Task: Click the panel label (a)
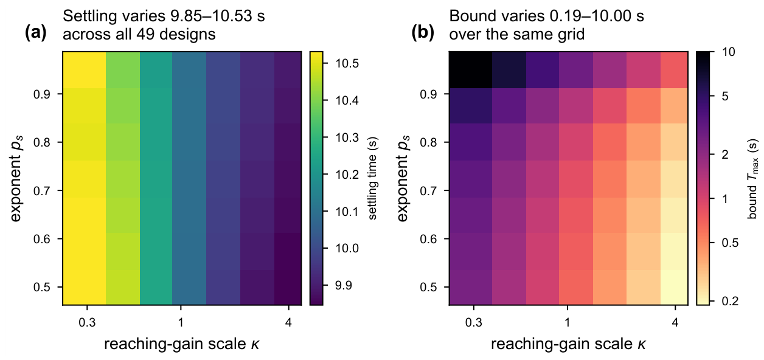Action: point(35,33)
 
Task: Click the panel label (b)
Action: point(422,33)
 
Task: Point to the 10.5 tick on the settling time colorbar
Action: point(347,63)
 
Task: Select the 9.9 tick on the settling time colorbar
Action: point(343,285)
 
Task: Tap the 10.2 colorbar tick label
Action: point(347,174)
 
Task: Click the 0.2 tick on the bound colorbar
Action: point(730,301)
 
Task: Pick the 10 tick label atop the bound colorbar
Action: point(729,52)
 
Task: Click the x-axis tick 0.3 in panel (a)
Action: point(87,322)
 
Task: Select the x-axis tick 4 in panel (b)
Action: point(675,322)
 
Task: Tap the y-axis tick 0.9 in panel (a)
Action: point(41,94)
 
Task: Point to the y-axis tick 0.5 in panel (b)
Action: point(428,287)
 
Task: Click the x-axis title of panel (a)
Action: point(182,344)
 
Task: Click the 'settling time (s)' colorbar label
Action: point(372,178)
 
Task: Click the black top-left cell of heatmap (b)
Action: point(470,70)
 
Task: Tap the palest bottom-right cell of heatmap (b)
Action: point(674,288)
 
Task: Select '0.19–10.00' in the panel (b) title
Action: point(593,16)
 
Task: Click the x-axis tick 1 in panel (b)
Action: point(567,322)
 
